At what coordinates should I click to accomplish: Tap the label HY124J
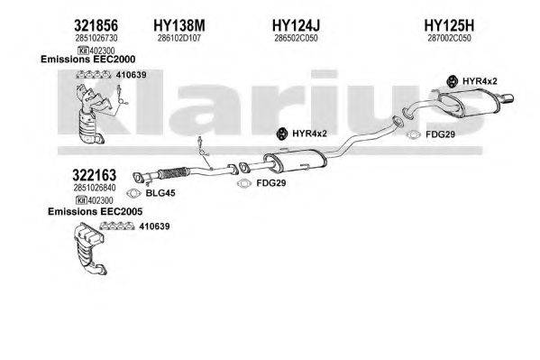[x=295, y=27]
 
